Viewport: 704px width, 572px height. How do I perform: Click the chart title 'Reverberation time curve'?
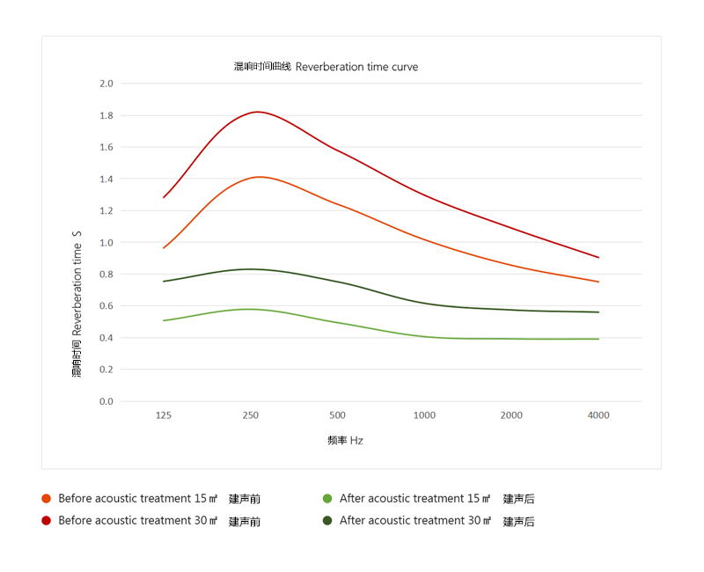click(x=326, y=67)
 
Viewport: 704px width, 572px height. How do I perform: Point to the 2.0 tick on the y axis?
click(x=106, y=84)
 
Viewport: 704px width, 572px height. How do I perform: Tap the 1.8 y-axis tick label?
click(x=106, y=115)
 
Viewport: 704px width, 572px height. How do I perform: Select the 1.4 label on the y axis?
click(x=106, y=179)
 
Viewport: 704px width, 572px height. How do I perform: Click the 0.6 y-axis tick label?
click(x=106, y=305)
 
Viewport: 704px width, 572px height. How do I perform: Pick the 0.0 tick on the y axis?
click(x=106, y=401)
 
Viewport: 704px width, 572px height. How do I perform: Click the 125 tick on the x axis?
click(x=164, y=415)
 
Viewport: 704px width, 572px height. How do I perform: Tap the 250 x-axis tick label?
click(x=251, y=415)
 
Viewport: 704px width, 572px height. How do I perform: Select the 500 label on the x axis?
click(x=337, y=415)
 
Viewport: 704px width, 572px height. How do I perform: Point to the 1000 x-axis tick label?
click(x=424, y=415)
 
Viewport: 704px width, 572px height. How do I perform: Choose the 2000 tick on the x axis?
click(x=511, y=415)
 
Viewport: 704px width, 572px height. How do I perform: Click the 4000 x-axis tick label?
click(x=598, y=415)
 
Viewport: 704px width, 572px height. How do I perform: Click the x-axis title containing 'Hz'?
click(x=345, y=440)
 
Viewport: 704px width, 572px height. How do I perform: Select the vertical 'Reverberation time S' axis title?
click(x=77, y=304)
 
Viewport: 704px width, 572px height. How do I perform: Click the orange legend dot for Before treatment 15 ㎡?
click(x=47, y=499)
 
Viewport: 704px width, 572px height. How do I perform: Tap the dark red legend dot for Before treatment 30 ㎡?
click(x=47, y=521)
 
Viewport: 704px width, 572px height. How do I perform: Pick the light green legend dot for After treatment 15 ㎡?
click(x=327, y=499)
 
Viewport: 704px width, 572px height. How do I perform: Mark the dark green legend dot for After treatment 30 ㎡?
click(x=327, y=521)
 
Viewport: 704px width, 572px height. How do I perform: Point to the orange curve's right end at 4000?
click(x=598, y=282)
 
